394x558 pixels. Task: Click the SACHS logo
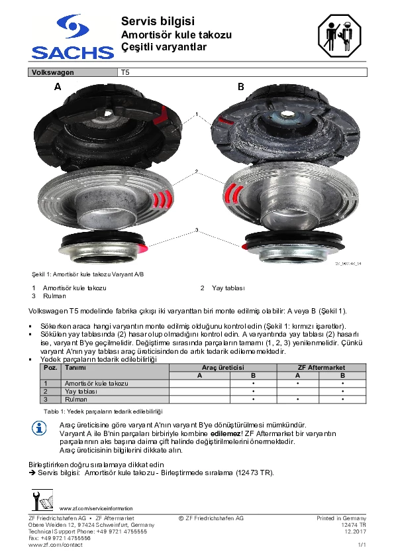coord(73,36)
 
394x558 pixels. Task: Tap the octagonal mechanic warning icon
coord(339,36)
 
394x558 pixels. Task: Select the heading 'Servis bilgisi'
coord(158,21)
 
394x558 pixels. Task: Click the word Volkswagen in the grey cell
coord(52,72)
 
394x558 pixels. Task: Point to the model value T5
coord(125,72)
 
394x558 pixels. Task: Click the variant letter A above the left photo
coord(58,86)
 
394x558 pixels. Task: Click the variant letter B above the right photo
coord(241,86)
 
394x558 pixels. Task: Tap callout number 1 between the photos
coord(196,114)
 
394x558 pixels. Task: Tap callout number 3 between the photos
coord(197,230)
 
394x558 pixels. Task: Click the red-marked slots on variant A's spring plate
coord(162,199)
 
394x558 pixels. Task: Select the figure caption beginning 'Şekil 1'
coord(88,274)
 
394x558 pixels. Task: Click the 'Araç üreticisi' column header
coord(223,368)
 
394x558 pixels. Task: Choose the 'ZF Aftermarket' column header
coord(321,368)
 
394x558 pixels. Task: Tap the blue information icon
coord(39,427)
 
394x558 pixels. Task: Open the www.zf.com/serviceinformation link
coord(96,508)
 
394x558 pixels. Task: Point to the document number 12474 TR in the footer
coord(354,525)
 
